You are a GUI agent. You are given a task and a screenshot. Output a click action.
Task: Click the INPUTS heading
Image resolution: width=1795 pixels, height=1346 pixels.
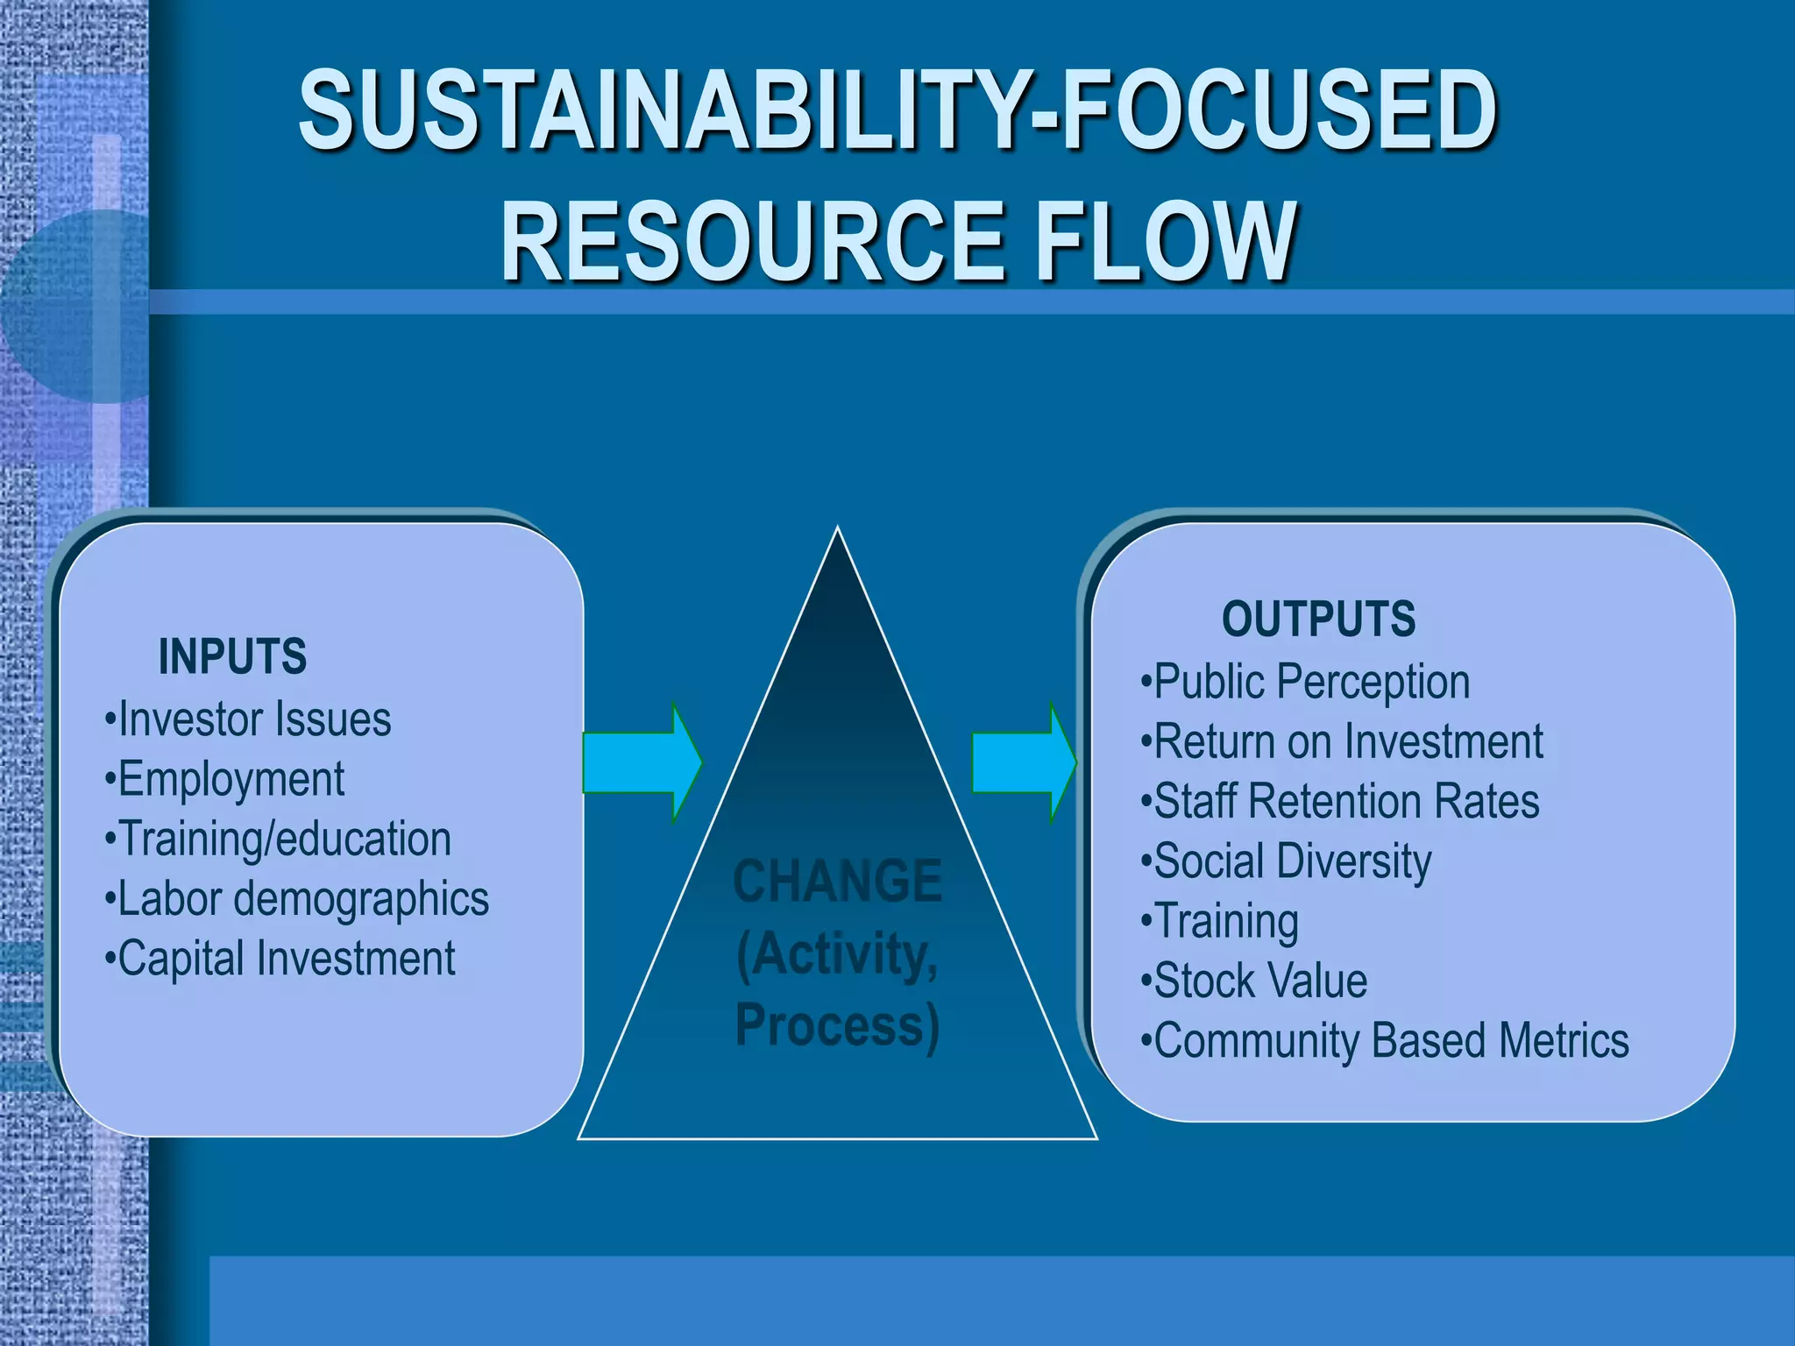[x=232, y=656]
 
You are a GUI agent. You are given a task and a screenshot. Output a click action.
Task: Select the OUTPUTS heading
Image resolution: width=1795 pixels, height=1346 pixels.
[x=1318, y=619]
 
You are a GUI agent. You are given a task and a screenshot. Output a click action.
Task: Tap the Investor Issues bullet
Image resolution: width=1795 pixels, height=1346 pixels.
[x=248, y=719]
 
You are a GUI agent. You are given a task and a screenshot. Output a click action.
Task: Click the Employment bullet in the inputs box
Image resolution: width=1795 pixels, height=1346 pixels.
[x=225, y=779]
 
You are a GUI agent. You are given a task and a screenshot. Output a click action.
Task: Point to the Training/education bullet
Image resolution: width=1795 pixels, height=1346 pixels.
[x=279, y=839]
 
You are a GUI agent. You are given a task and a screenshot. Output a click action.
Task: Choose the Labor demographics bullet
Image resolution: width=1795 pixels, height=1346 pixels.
[x=297, y=899]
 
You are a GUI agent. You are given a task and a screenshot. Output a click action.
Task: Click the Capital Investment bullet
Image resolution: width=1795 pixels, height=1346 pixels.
[x=280, y=958]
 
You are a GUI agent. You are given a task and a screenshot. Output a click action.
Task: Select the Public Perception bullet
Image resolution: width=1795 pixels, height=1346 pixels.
[x=1306, y=682]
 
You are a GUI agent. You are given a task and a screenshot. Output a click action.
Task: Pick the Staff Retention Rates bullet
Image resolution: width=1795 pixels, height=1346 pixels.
[x=1341, y=801]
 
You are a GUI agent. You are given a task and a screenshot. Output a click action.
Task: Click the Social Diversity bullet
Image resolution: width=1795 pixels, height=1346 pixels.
[x=1287, y=861]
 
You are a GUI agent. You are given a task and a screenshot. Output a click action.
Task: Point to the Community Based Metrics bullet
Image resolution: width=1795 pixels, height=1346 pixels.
[x=1386, y=1040]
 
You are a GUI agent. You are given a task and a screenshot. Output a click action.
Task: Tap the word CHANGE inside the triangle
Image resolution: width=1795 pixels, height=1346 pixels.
[x=837, y=881]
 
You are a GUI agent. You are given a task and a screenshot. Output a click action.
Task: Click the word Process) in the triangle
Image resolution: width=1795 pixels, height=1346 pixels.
[x=837, y=1025]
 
